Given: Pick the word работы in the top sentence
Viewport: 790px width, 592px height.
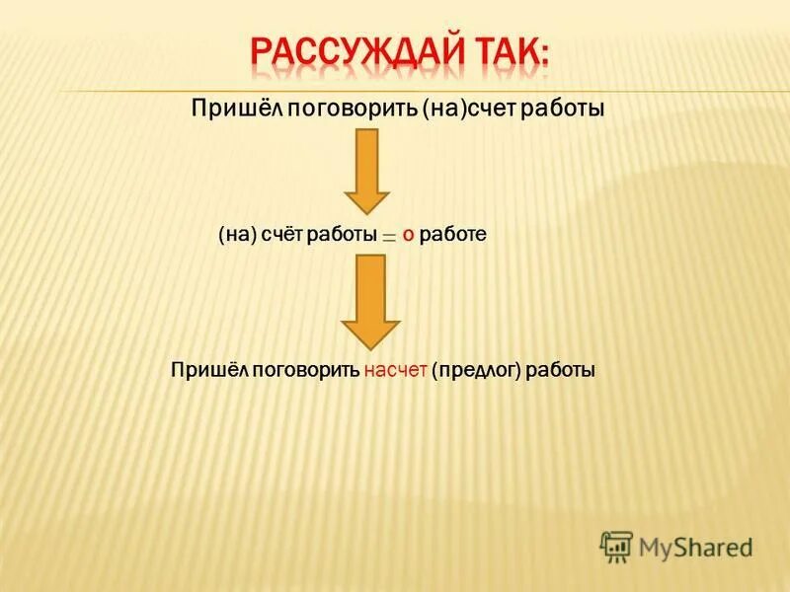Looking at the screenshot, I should [x=564, y=108].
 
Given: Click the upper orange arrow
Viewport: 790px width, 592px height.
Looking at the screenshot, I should [x=366, y=170].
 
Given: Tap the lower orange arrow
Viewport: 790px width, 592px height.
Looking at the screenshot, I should [x=370, y=301].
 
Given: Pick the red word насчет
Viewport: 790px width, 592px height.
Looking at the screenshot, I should [x=395, y=372].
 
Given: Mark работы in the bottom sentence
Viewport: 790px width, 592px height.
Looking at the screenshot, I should [x=560, y=372].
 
